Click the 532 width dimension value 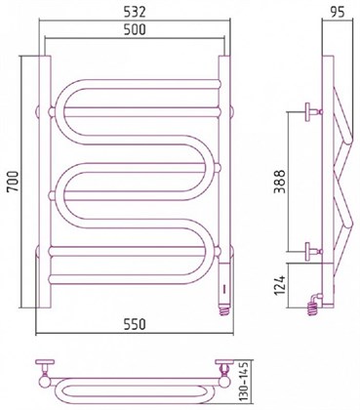[x=135, y=12]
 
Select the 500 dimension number [x=135, y=29]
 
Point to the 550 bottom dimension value [x=135, y=324]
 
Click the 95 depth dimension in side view [x=338, y=12]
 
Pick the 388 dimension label [x=279, y=182]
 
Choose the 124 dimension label [x=279, y=285]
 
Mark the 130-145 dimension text [x=246, y=381]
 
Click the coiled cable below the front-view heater [x=225, y=310]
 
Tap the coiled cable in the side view [x=312, y=308]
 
